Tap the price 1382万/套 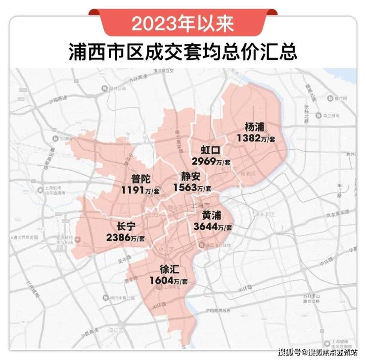[256, 138]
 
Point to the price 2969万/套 [211, 161]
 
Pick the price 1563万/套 [192, 187]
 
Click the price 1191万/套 [140, 190]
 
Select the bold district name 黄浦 [212, 216]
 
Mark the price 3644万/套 [213, 227]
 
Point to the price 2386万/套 [126, 238]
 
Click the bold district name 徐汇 [169, 270]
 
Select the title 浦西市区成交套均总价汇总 [183, 51]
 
